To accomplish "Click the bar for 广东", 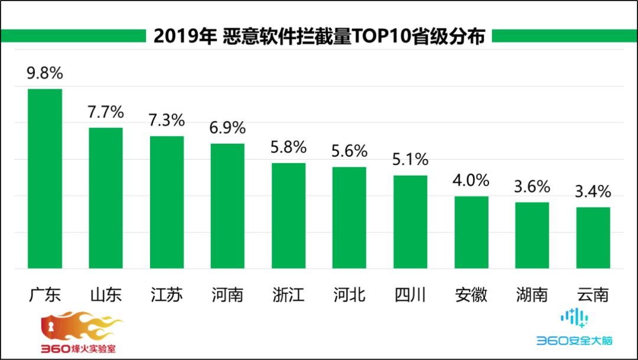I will click(45, 179).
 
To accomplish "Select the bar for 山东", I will click(106, 198).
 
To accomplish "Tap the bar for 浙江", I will click(288, 216).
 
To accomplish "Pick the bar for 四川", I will click(410, 222).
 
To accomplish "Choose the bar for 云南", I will click(593, 238).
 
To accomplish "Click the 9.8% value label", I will click(44, 74).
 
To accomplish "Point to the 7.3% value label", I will click(167, 121).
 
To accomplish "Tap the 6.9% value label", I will click(227, 128).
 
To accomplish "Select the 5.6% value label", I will click(349, 152).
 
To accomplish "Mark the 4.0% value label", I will click(471, 180).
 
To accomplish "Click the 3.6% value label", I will click(532, 187).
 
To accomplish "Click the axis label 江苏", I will click(167, 294).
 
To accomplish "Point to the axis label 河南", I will click(227, 294).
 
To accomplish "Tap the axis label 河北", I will click(349, 294).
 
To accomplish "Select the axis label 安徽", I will click(471, 294).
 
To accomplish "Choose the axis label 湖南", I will click(532, 294).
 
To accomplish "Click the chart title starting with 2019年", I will click(319, 37).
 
